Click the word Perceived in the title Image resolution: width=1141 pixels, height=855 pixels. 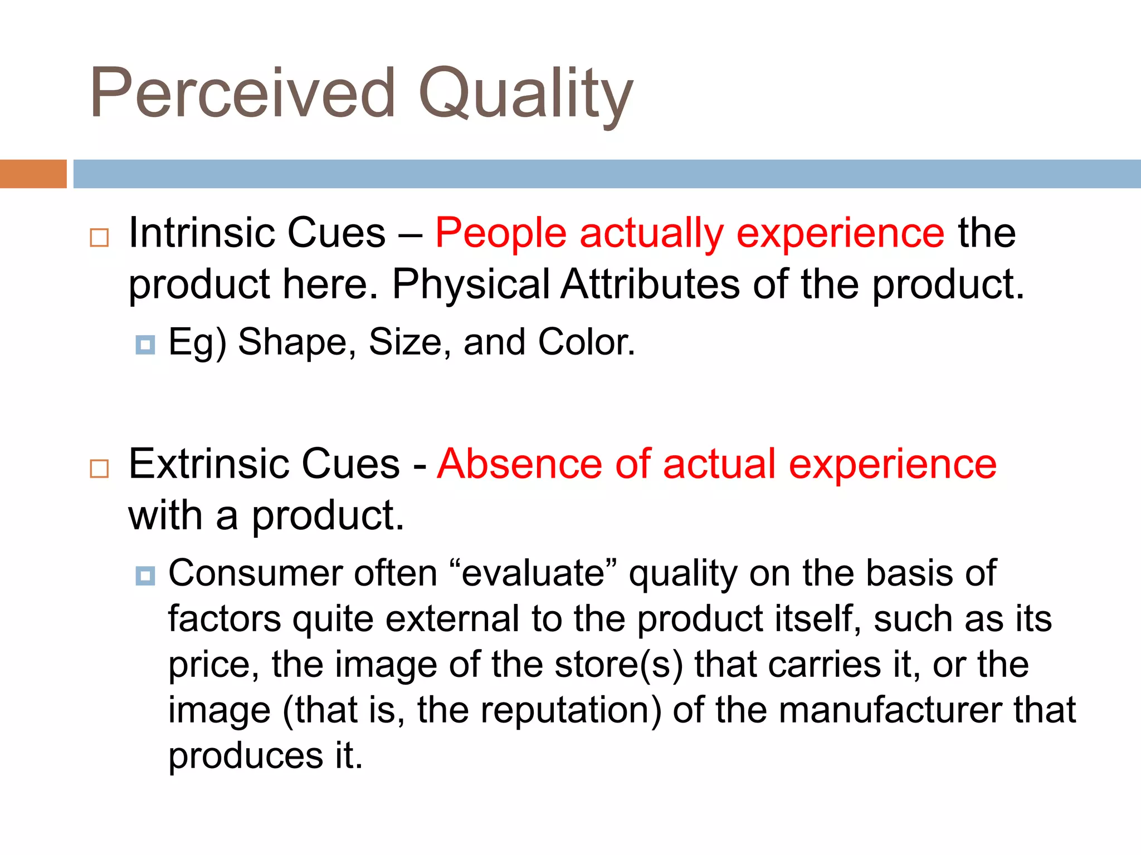[x=242, y=94]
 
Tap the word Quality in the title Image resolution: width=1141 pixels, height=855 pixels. [x=525, y=95]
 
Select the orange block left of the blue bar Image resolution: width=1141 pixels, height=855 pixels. [x=33, y=174]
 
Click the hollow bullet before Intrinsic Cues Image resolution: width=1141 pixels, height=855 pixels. [x=99, y=238]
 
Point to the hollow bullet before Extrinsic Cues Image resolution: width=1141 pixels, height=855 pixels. [x=99, y=469]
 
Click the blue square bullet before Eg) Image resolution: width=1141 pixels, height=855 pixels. [x=145, y=345]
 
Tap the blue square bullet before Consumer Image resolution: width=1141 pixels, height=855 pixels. [x=145, y=576]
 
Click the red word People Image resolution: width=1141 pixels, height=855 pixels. [x=501, y=233]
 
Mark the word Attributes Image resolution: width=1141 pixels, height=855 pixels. [x=650, y=284]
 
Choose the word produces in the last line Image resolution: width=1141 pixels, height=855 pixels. [x=246, y=756]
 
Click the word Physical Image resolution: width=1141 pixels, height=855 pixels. [x=471, y=284]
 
